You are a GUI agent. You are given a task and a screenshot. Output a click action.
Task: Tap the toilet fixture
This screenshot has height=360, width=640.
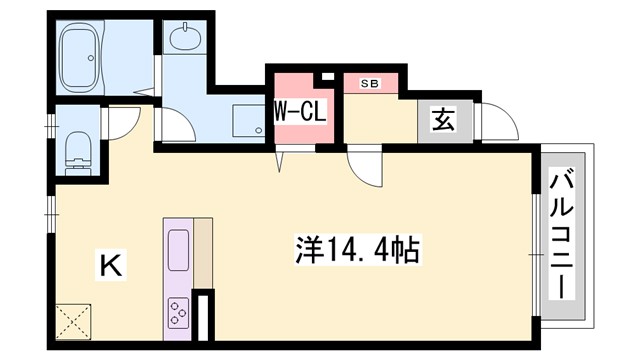point(78,151)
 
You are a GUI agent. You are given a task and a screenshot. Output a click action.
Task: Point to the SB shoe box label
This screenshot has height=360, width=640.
point(370,83)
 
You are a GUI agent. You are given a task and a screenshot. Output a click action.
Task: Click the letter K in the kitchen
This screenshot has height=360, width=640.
point(110,265)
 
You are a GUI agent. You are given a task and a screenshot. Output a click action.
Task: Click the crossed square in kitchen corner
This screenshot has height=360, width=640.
point(73,322)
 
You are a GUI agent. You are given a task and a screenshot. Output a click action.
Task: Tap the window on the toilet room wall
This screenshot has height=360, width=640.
point(51,126)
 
